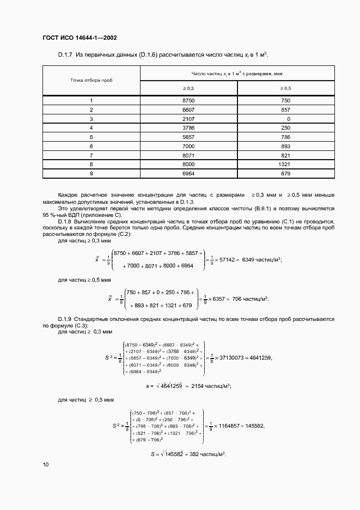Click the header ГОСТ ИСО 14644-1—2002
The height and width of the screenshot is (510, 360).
pyautogui.click(x=79, y=38)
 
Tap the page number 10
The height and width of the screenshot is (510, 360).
pyautogui.click(x=45, y=465)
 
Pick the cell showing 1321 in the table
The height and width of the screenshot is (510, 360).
pyautogui.click(x=285, y=164)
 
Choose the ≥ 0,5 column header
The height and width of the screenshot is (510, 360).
pyautogui.click(x=285, y=88)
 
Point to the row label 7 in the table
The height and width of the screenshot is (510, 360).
pyautogui.click(x=91, y=155)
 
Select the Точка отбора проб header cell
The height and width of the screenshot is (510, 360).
pyautogui.click(x=91, y=80)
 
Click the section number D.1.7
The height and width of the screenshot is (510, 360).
pyautogui.click(x=66, y=54)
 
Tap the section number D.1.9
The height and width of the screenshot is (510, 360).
pyautogui.click(x=66, y=318)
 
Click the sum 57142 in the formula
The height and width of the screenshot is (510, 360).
pyautogui.click(x=227, y=260)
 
